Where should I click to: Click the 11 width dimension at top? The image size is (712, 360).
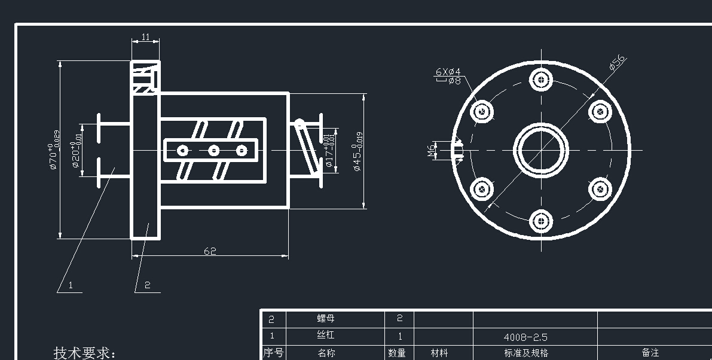pos(145,37)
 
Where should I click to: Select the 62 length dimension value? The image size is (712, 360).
pos(210,251)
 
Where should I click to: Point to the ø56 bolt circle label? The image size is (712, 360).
pos(617,63)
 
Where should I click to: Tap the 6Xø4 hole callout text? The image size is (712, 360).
pos(448,72)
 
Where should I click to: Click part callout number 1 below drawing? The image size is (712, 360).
pos(71,285)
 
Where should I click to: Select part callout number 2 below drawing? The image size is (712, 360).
pos(148,285)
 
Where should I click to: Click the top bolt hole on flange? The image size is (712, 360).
pos(541,78)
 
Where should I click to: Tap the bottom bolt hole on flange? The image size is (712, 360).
pos(541,221)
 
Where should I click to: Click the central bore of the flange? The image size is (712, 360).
pos(542,150)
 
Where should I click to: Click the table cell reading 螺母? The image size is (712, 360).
pos(326,319)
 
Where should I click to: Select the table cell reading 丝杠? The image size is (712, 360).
pos(326,336)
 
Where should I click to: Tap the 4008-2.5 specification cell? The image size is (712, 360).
pos(525,337)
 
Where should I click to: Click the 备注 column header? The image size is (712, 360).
pos(650,353)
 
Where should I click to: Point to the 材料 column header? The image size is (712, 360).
pos(439,353)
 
